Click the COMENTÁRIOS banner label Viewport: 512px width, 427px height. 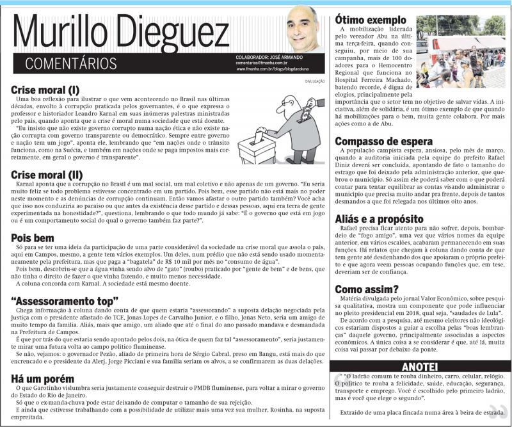(x=70, y=63)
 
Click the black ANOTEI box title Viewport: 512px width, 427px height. (x=420, y=366)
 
